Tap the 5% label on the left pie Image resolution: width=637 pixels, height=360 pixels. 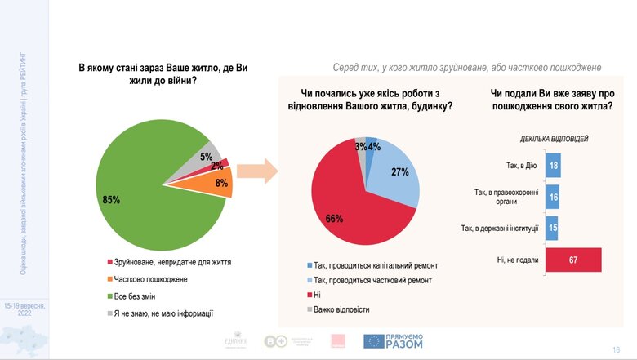[207, 156]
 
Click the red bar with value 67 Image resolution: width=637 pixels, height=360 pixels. [572, 260]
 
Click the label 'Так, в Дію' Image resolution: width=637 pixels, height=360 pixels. [516, 167]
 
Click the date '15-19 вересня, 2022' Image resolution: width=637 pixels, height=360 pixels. [24, 309]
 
